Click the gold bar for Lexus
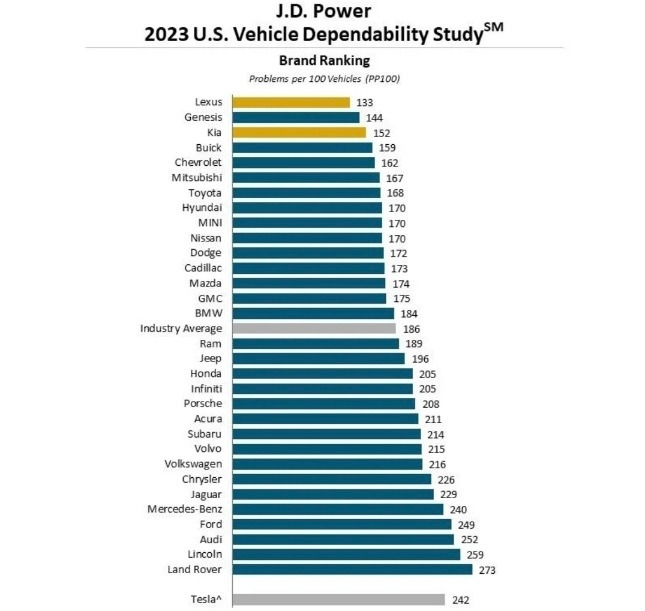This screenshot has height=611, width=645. coord(291,102)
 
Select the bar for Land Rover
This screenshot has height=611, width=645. coord(352,569)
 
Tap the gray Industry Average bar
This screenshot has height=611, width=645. coord(314,328)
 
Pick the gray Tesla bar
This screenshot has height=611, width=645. coord(338,599)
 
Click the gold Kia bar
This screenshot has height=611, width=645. coord(299,132)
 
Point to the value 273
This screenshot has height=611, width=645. coord(487,570)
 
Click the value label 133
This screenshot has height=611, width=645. coord(365,102)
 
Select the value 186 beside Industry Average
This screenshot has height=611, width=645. coord(411,328)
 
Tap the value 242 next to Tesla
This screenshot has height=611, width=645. coord(461,599)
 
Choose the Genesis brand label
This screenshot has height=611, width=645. coord(203,117)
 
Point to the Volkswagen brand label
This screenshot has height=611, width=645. coord(193,464)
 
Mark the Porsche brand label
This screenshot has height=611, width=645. coord(203,403)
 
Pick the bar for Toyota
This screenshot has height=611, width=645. coord(306,192)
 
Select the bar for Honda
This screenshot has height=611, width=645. coord(322,373)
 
